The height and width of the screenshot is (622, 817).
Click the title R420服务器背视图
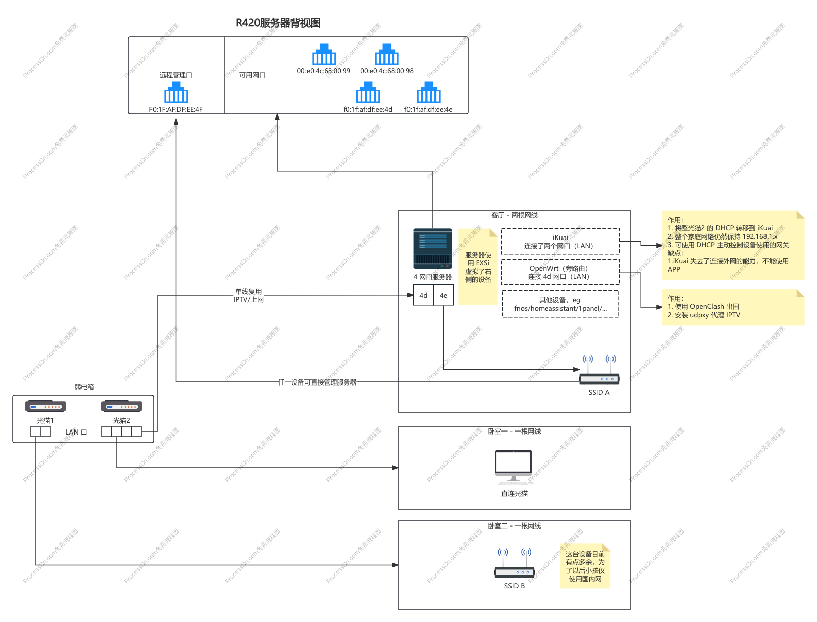pyautogui.click(x=278, y=23)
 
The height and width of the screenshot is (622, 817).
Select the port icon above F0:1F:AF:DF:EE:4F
pyautogui.click(x=176, y=92)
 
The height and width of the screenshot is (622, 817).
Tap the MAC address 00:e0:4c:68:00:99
pyautogui.click(x=324, y=71)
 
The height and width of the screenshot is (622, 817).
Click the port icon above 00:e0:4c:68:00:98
pyautogui.click(x=386, y=55)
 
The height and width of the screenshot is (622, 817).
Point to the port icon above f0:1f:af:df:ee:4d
pyautogui.click(x=368, y=92)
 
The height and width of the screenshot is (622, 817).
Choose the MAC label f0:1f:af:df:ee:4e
pyautogui.click(x=428, y=109)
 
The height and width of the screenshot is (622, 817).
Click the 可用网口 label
pyautogui.click(x=252, y=75)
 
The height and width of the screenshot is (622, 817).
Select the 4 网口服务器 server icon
pyautogui.click(x=433, y=249)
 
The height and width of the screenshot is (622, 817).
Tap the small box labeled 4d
pyautogui.click(x=423, y=295)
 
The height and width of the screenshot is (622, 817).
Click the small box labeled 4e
pyautogui.click(x=443, y=295)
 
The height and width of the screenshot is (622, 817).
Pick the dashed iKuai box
pyautogui.click(x=560, y=242)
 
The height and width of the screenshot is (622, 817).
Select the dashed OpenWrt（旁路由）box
pyautogui.click(x=560, y=272)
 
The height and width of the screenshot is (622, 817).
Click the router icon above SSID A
pyautogui.click(x=599, y=370)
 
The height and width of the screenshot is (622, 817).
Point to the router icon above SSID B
pyautogui.click(x=515, y=563)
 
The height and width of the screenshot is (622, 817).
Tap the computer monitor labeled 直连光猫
pyautogui.click(x=514, y=467)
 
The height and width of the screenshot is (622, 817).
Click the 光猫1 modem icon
pyautogui.click(x=45, y=406)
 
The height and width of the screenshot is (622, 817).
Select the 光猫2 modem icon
pyautogui.click(x=122, y=406)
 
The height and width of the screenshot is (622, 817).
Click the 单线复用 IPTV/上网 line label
pyautogui.click(x=248, y=295)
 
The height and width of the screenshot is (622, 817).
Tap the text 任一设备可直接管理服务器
pyautogui.click(x=317, y=382)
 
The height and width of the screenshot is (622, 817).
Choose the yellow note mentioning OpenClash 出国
pyautogui.click(x=733, y=307)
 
